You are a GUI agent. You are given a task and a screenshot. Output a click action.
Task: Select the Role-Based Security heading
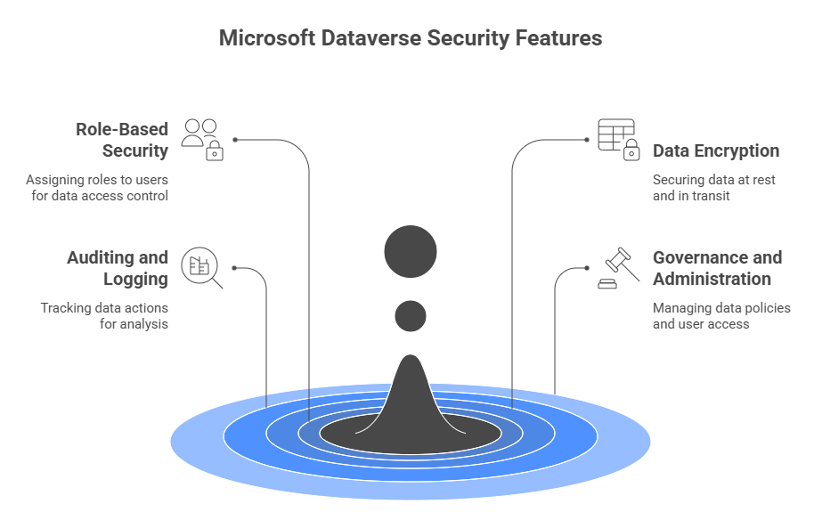[x=121, y=140]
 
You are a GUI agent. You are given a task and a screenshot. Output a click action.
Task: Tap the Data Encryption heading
[x=715, y=150]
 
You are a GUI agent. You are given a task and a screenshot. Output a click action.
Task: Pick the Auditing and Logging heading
[x=117, y=268]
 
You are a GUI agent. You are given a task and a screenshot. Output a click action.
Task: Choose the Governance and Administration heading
[x=717, y=268]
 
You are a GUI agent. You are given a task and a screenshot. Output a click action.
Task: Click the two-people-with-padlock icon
[x=202, y=139]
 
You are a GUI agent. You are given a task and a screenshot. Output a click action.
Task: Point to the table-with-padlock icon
[x=617, y=139]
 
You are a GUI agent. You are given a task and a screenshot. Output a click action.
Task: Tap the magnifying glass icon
[x=201, y=268]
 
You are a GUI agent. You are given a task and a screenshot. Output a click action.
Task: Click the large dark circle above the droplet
[x=411, y=251]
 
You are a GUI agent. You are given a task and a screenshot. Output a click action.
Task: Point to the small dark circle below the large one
[x=411, y=315]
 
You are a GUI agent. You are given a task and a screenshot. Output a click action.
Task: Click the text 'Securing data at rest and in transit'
[x=713, y=187]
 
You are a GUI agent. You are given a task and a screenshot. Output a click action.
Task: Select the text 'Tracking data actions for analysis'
[x=104, y=316]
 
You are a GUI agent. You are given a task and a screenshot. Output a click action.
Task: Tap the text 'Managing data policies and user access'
[x=720, y=316]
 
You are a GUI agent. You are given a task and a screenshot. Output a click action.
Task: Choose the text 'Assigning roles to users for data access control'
[x=97, y=187]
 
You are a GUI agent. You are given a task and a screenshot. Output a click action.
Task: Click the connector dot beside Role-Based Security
[x=235, y=140]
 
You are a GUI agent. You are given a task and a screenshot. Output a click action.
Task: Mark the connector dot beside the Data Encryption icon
[x=586, y=140]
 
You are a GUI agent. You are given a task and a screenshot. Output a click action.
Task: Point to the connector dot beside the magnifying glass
[x=235, y=268]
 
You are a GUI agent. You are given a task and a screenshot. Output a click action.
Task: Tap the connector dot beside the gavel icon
[x=586, y=268]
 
